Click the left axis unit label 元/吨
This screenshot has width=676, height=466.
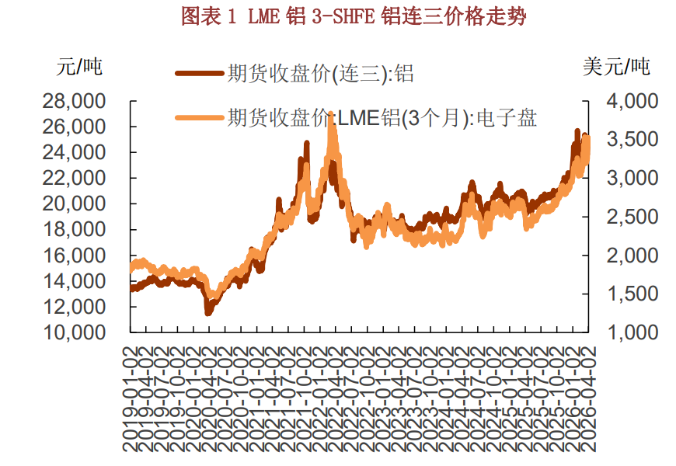[79, 67]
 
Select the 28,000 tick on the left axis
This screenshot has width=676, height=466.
[77, 101]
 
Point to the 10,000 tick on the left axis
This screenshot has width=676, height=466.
[77, 332]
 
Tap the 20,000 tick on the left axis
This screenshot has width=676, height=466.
[77, 203]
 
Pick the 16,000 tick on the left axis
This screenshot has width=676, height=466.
[77, 256]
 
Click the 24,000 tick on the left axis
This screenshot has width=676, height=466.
[77, 152]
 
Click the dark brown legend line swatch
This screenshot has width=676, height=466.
[199, 75]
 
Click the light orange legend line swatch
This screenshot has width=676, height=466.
[199, 118]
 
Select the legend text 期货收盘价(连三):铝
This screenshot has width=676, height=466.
[319, 75]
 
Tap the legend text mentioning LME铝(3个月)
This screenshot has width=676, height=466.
[382, 118]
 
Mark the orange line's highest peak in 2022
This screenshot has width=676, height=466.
[333, 115]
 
